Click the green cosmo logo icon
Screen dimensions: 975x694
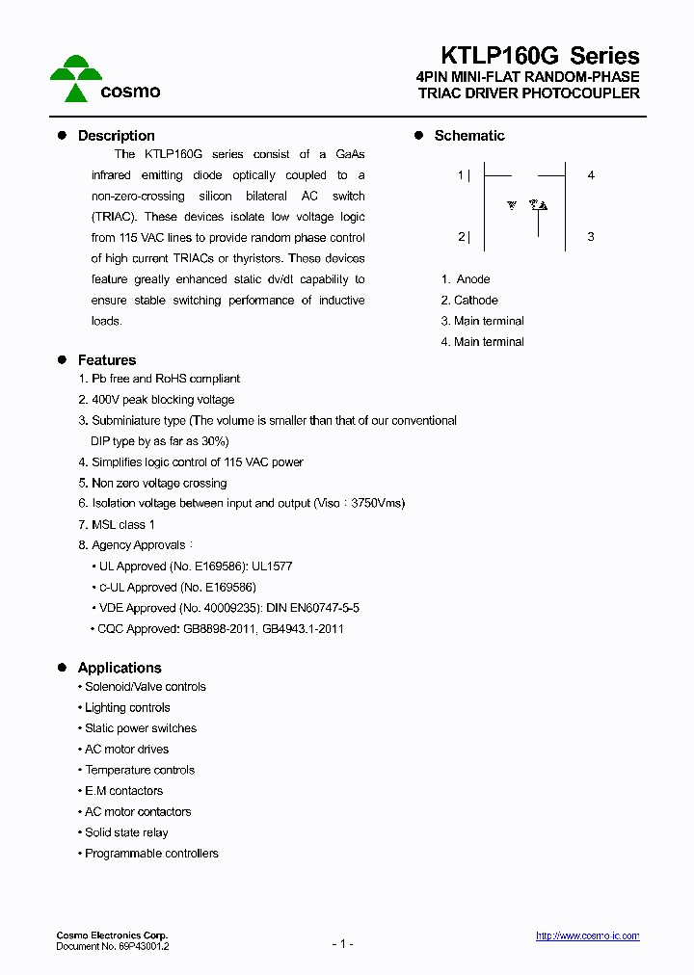[76, 78]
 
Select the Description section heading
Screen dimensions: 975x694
[116, 136]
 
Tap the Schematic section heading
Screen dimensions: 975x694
[468, 136]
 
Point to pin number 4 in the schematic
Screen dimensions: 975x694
[591, 175]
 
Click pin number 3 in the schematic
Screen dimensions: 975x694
[591, 237]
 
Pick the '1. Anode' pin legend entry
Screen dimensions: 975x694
[466, 279]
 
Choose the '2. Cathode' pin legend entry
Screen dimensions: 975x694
[469, 301]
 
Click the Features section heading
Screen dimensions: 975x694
[106, 360]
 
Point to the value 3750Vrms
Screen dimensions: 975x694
[378, 504]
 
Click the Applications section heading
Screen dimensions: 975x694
[119, 668]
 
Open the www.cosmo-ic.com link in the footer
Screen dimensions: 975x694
[587, 936]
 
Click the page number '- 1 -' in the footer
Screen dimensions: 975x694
[342, 944]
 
